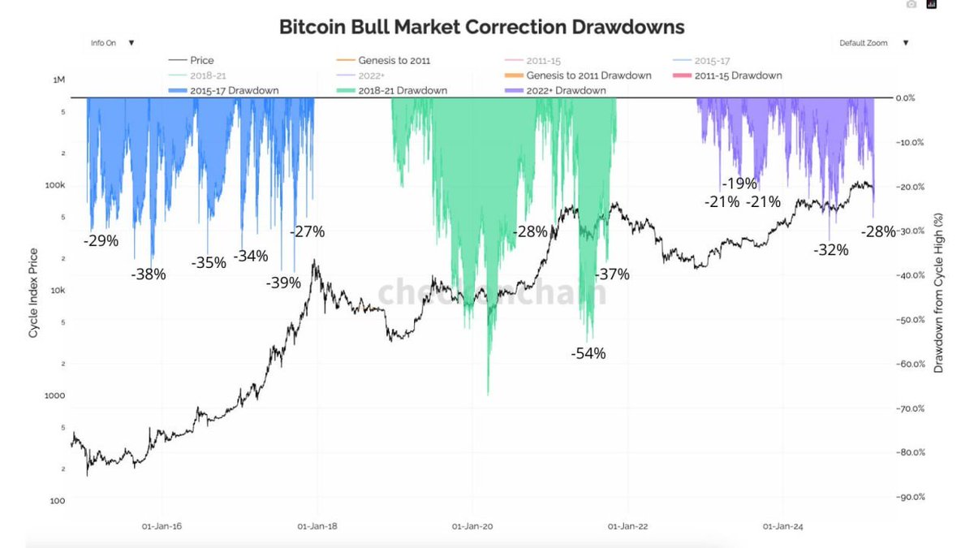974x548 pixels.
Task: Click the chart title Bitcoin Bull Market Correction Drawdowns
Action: [x=481, y=27]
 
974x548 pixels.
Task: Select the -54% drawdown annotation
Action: [x=588, y=353]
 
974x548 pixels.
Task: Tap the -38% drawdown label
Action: [x=148, y=274]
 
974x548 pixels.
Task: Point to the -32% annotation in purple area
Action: [x=830, y=250]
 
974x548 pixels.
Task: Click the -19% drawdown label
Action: [x=739, y=183]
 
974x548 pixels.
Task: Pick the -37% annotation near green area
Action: [x=612, y=274]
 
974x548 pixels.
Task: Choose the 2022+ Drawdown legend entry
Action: [x=566, y=90]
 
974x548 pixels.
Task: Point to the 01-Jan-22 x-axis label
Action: [x=627, y=526]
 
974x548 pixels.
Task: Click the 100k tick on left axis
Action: [x=54, y=186]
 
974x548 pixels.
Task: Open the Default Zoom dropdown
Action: [x=873, y=43]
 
